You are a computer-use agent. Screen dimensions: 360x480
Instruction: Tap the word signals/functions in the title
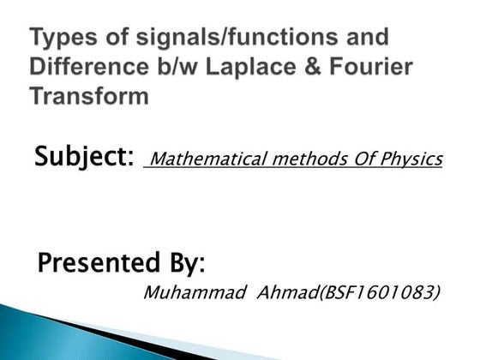(232, 39)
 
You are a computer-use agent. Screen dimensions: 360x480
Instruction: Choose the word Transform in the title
(90, 96)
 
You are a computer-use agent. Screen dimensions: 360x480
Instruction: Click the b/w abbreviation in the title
(176, 67)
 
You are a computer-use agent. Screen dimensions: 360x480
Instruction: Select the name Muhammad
(183, 293)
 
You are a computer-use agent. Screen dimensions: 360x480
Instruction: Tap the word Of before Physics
(354, 159)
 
